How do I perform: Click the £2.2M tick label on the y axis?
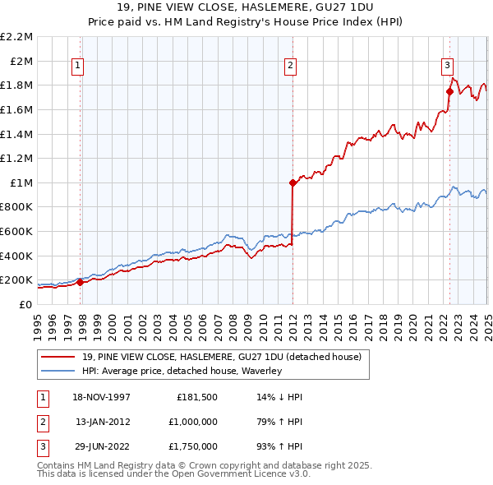coord(16,37)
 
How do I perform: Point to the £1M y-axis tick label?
coord(21,182)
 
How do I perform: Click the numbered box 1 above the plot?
coord(77,67)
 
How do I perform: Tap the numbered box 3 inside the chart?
coord(447,67)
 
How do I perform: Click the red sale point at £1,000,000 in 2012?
coord(293,183)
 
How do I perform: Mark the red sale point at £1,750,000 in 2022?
coord(449,92)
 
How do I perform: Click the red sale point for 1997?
coord(81,282)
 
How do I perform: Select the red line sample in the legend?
coord(58,357)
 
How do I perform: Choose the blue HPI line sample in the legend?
coord(58,371)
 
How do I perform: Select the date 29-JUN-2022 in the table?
coord(103,447)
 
